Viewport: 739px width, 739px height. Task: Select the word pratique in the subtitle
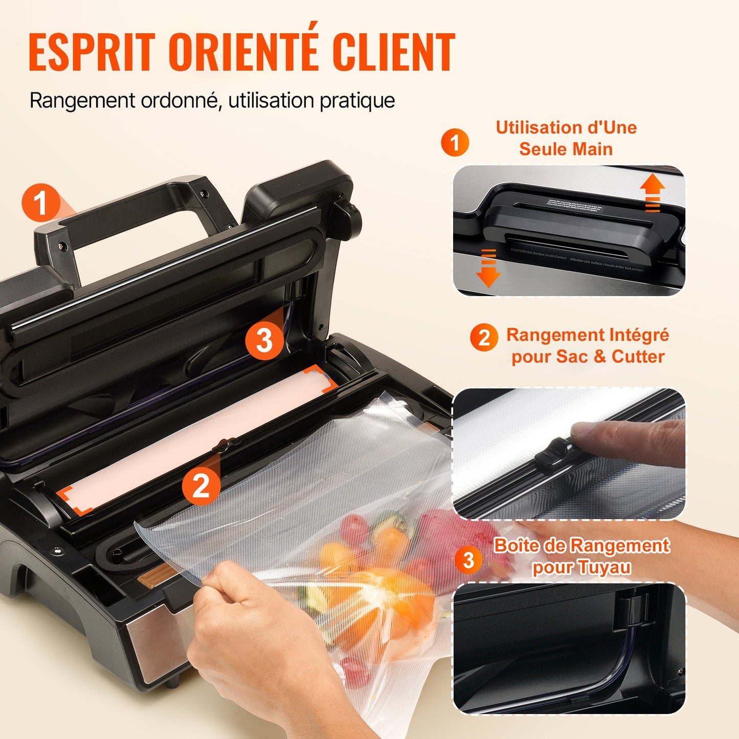(x=357, y=101)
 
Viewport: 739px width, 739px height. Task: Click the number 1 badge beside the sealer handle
(x=40, y=203)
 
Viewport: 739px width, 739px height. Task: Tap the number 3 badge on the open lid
(x=264, y=340)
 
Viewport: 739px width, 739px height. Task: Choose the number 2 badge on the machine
(x=201, y=485)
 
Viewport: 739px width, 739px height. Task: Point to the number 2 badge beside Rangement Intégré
(x=484, y=337)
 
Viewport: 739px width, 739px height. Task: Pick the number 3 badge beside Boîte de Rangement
(x=468, y=559)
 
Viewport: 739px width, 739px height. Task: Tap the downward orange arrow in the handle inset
(x=488, y=268)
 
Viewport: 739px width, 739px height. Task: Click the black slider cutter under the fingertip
(x=554, y=455)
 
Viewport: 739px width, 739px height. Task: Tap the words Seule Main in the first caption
(x=566, y=149)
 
